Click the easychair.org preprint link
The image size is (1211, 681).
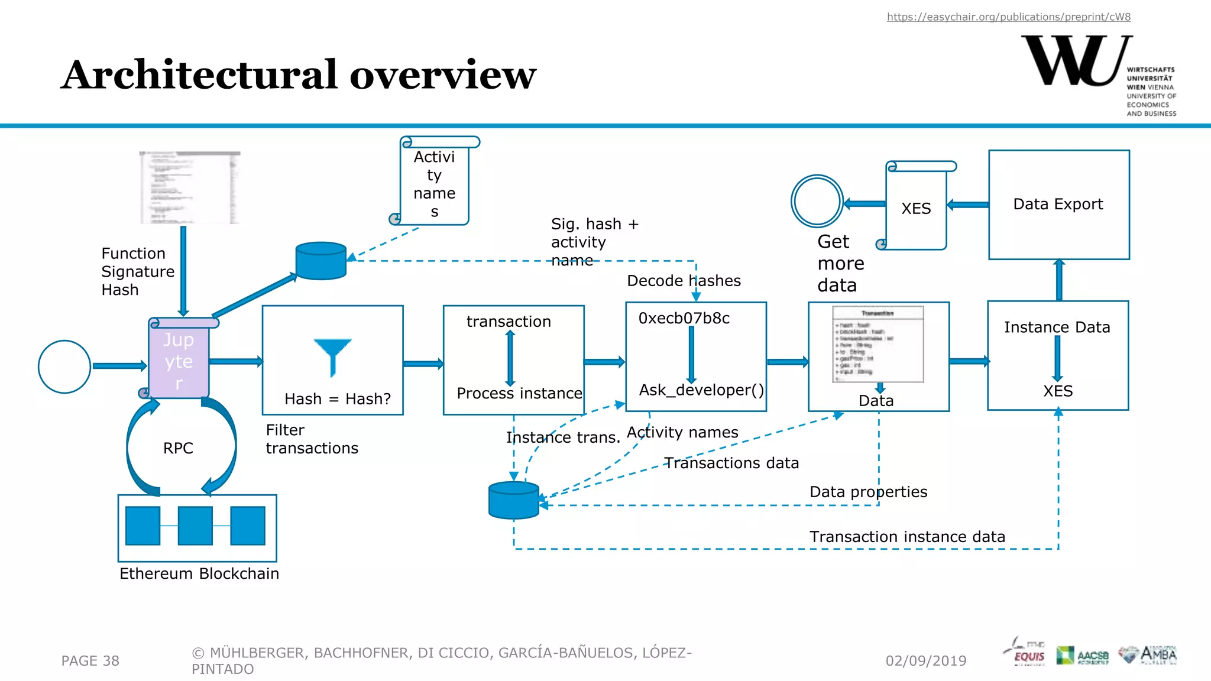[1008, 17]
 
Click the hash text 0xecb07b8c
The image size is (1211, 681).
[684, 319]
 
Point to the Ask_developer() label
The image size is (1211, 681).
[701, 390]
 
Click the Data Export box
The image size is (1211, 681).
[1058, 205]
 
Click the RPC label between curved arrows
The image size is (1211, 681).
[178, 448]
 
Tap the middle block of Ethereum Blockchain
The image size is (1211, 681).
[195, 526]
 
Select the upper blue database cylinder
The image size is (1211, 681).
[321, 261]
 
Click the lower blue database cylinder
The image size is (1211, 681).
[513, 500]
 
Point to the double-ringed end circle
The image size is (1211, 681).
[817, 201]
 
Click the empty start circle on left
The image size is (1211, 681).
[64, 367]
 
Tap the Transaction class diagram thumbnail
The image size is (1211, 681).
[878, 343]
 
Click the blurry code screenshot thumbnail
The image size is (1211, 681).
[190, 187]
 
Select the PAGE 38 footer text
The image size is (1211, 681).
[90, 661]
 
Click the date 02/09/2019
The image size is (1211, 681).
[925, 661]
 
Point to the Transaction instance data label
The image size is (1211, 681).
[906, 537]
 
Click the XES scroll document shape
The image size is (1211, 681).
[916, 208]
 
